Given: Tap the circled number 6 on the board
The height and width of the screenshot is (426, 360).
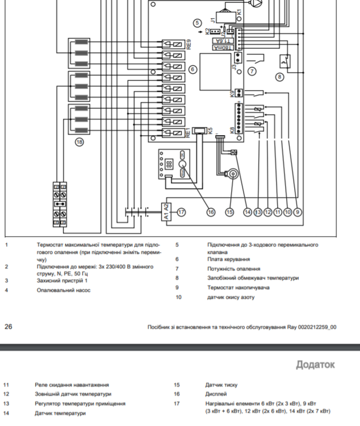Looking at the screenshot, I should point(192,69).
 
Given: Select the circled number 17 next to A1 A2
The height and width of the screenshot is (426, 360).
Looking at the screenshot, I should point(181,212).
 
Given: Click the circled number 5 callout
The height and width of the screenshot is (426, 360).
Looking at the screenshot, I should point(197,23).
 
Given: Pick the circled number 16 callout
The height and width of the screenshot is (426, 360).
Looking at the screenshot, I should point(210,212).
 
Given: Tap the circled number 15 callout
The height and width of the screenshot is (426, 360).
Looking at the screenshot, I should point(229,212).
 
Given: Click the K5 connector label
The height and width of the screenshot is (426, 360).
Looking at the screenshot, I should point(210,131).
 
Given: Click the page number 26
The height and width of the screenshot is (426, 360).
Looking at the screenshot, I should point(9,327).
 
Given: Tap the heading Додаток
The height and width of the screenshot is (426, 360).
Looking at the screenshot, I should point(315,364).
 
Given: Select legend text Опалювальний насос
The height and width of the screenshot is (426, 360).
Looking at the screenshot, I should point(64,290).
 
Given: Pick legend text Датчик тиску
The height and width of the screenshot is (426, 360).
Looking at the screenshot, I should point(221,385).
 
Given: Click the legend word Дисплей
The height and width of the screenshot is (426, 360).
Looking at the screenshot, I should point(216,394).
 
